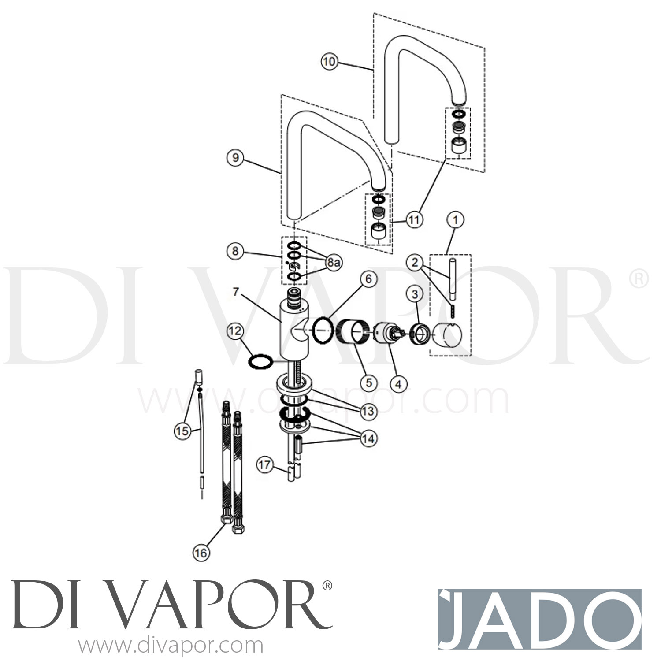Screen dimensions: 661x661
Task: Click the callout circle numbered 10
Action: (x=329, y=62)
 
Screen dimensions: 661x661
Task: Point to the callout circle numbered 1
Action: (x=456, y=219)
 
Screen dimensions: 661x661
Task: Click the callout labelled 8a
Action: (x=334, y=263)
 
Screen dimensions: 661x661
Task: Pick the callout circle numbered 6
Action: (x=368, y=279)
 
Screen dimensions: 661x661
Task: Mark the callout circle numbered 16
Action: (x=201, y=553)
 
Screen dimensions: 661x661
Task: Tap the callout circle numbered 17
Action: (x=265, y=465)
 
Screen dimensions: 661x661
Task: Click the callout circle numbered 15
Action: (x=182, y=431)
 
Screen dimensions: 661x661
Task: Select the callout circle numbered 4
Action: (x=398, y=384)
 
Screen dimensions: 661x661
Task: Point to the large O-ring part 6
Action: (x=323, y=330)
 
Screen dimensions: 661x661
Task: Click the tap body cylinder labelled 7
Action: (x=294, y=326)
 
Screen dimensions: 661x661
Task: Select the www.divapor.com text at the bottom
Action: (x=171, y=646)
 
